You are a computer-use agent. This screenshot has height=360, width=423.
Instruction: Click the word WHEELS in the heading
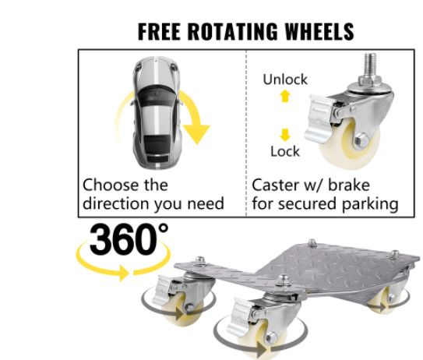(x=319, y=31)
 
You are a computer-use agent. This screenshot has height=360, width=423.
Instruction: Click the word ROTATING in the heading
(x=233, y=31)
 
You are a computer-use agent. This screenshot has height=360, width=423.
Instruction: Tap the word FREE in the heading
(x=159, y=31)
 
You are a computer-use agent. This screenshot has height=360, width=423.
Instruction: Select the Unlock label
(x=285, y=79)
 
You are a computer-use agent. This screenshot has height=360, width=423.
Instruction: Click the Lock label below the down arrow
(x=285, y=151)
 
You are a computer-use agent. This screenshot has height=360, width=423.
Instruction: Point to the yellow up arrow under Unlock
(x=285, y=96)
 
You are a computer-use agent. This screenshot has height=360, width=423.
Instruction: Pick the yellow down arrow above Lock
(x=285, y=135)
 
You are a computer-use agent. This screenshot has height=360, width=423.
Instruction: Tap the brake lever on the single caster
(x=319, y=118)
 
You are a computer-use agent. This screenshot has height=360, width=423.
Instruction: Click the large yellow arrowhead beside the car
(x=196, y=133)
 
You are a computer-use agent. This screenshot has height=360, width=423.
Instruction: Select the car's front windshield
(x=157, y=92)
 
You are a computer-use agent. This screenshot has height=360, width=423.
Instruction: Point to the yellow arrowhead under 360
(x=124, y=273)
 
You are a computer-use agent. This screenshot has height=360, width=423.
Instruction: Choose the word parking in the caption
(x=370, y=205)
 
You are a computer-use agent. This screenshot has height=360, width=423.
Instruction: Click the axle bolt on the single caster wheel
(x=361, y=140)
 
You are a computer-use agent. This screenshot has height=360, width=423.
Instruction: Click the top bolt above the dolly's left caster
(x=200, y=260)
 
